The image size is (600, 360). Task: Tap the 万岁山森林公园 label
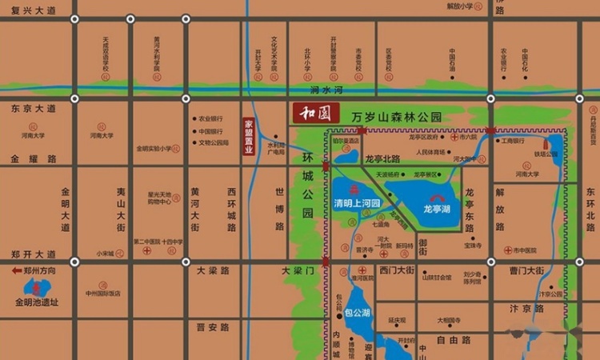pyautogui.click(x=397, y=118)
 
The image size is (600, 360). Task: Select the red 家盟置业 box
pyautogui.click(x=248, y=140)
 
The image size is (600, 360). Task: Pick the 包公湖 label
pyautogui.click(x=359, y=312)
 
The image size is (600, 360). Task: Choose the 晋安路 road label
pyautogui.click(x=213, y=327)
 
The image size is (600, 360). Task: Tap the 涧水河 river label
pyautogui.click(x=326, y=90)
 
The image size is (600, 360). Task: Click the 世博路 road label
pyautogui.click(x=280, y=209)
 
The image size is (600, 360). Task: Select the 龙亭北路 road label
pyautogui.click(x=382, y=158)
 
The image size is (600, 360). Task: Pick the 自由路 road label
pyautogui.click(x=453, y=339)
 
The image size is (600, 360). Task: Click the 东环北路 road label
pyautogui.click(x=590, y=209)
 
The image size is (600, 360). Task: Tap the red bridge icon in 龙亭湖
pyautogui.click(x=437, y=197)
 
